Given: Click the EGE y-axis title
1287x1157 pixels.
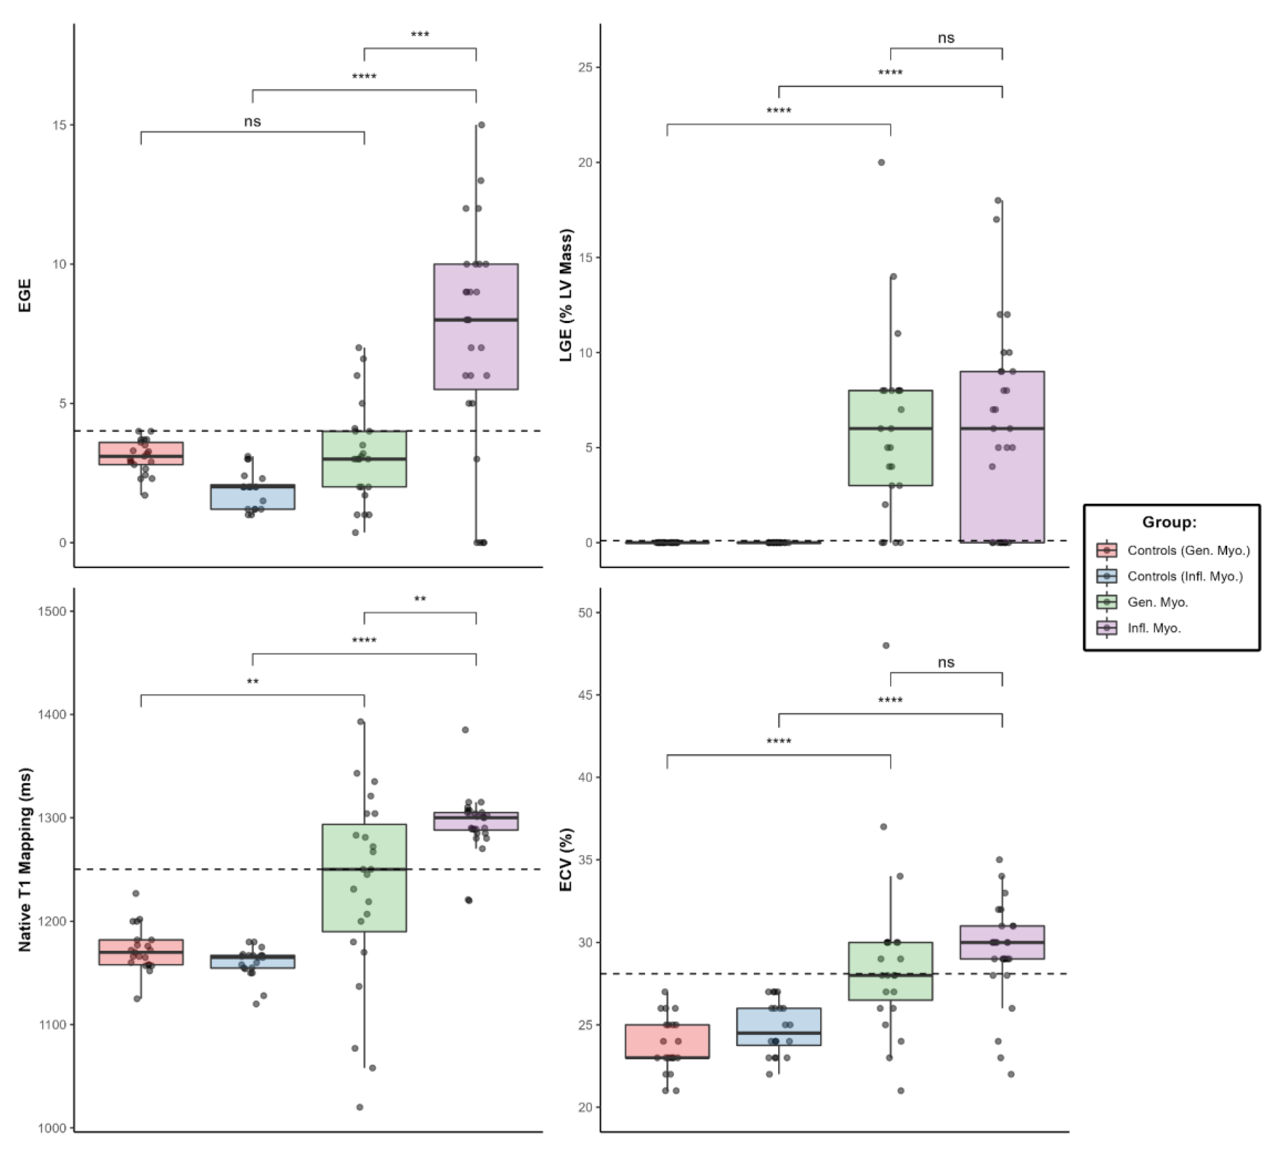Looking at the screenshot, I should point(25,295).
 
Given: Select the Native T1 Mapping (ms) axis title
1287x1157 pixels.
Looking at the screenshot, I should point(25,859).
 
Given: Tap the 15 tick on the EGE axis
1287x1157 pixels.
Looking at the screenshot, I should point(60,125).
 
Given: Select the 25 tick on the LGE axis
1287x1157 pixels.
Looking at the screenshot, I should point(585,67).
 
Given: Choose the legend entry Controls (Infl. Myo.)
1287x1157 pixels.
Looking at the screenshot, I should point(1185,576).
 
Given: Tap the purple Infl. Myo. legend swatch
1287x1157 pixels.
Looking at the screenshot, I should point(1106,628).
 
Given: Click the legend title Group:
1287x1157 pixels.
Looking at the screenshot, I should point(1170,523).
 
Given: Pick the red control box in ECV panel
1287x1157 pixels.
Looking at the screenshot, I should point(667,1041).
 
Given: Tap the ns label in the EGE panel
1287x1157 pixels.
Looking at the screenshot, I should point(252,121).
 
